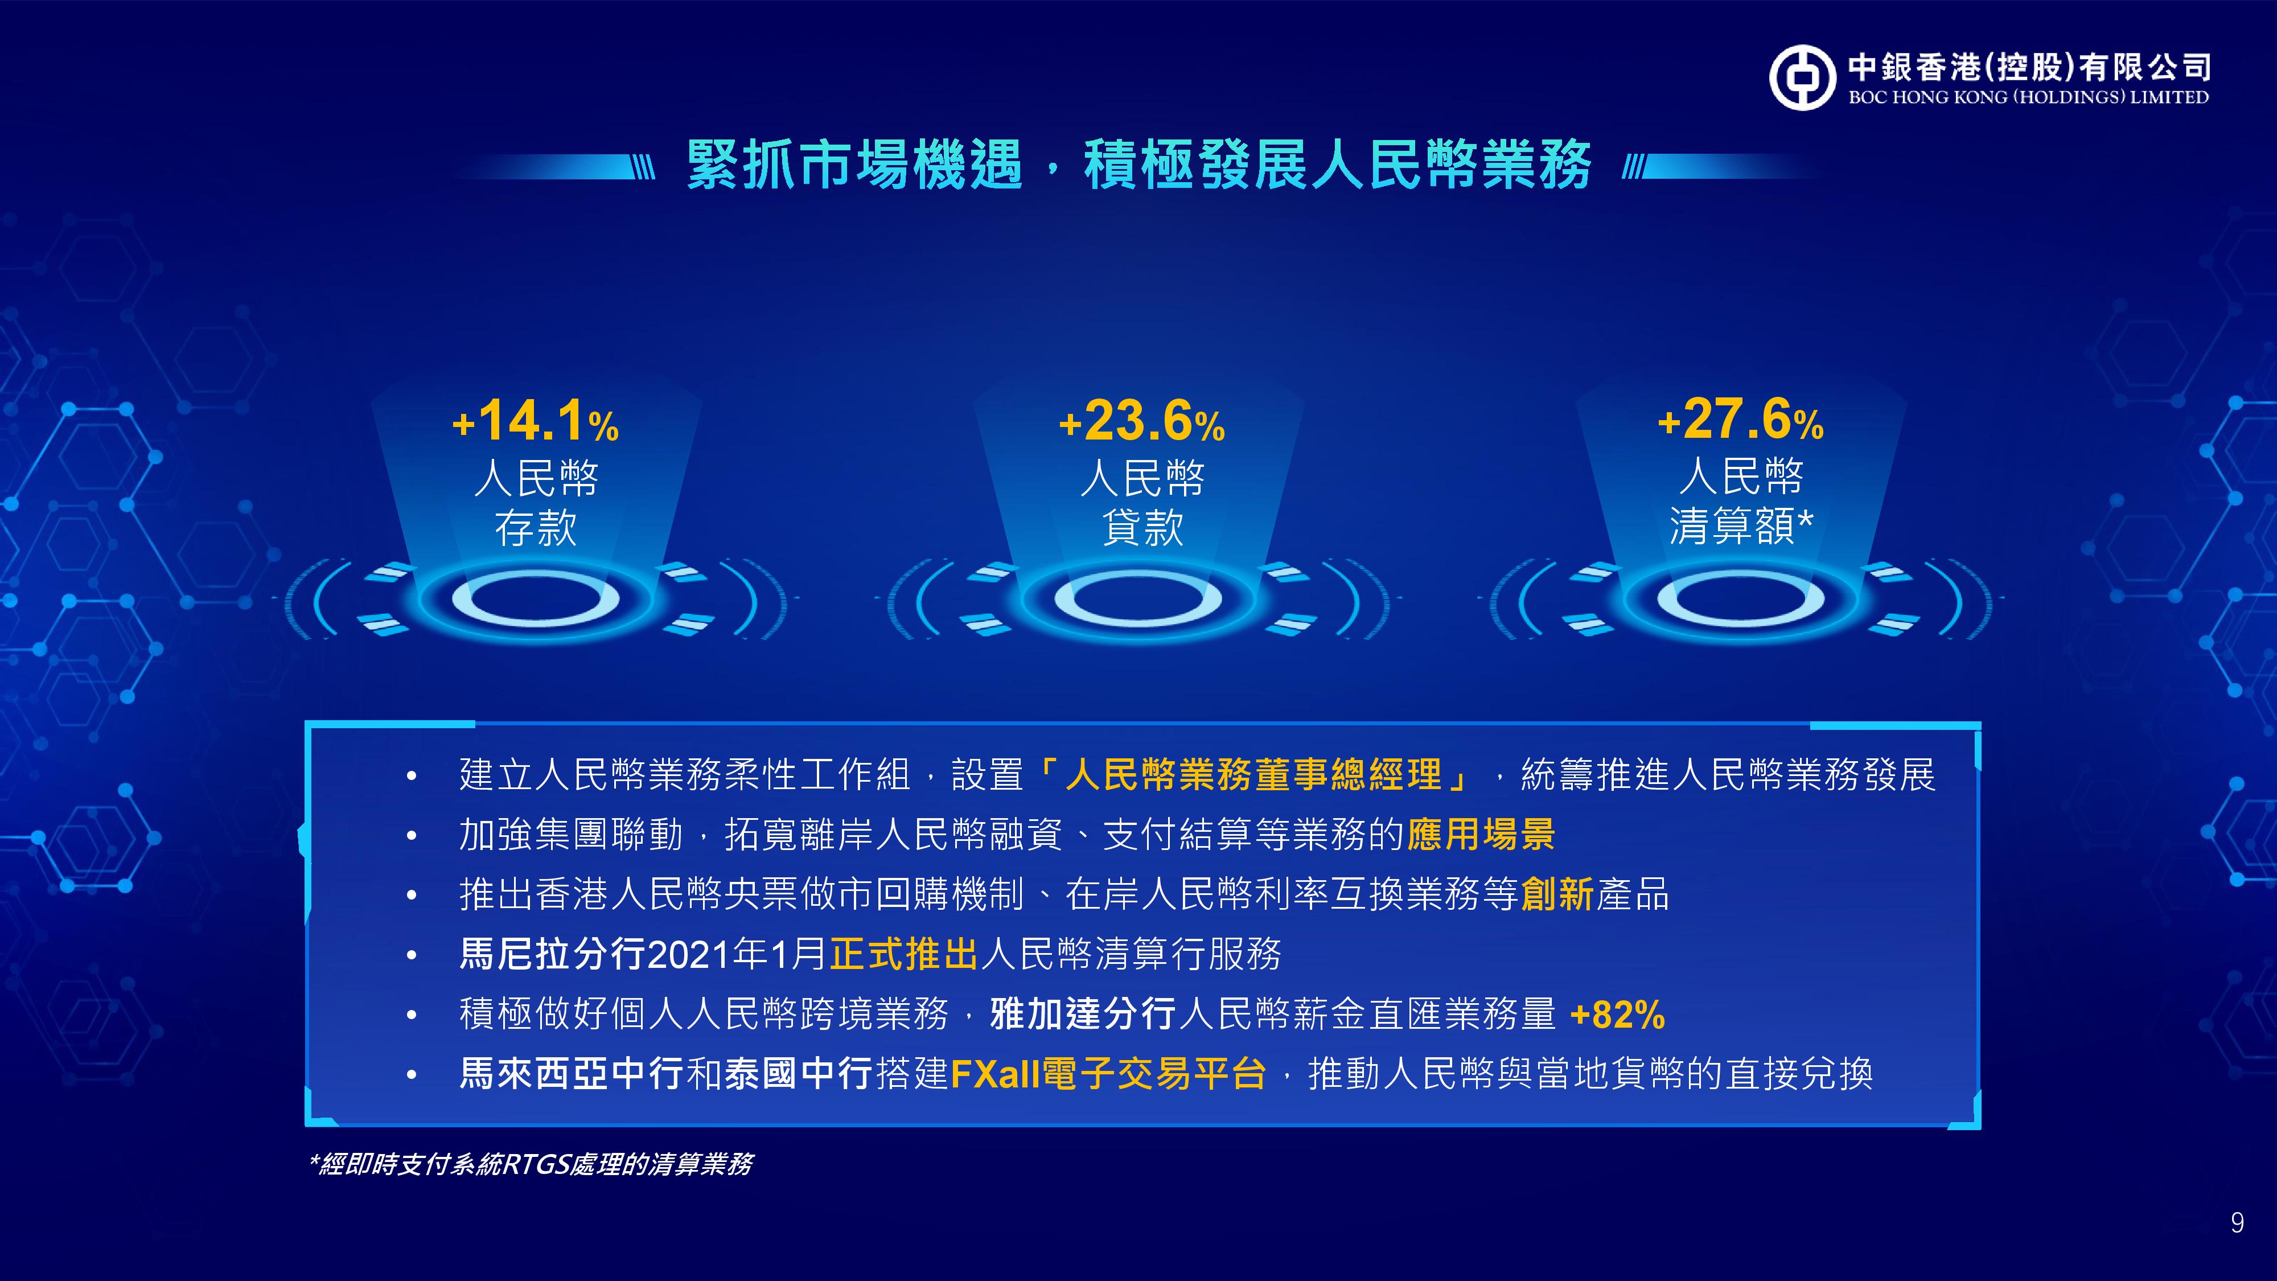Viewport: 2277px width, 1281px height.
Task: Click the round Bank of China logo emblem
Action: pyautogui.click(x=1802, y=78)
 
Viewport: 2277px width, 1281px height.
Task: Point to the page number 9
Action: pyautogui.click(x=2237, y=1223)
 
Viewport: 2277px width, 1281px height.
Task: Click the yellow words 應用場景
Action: pyautogui.click(x=1481, y=835)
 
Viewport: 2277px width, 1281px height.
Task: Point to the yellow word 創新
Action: pyautogui.click(x=1557, y=894)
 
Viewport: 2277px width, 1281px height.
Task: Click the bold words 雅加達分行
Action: pyautogui.click(x=1083, y=1014)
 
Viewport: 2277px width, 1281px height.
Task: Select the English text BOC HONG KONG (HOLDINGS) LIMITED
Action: pyautogui.click(x=2029, y=97)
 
